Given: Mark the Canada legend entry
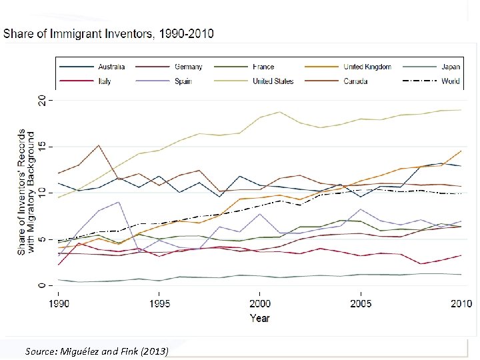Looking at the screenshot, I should (354, 81).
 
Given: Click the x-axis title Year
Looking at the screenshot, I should (259, 318).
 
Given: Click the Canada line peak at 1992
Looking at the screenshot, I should (98, 145).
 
